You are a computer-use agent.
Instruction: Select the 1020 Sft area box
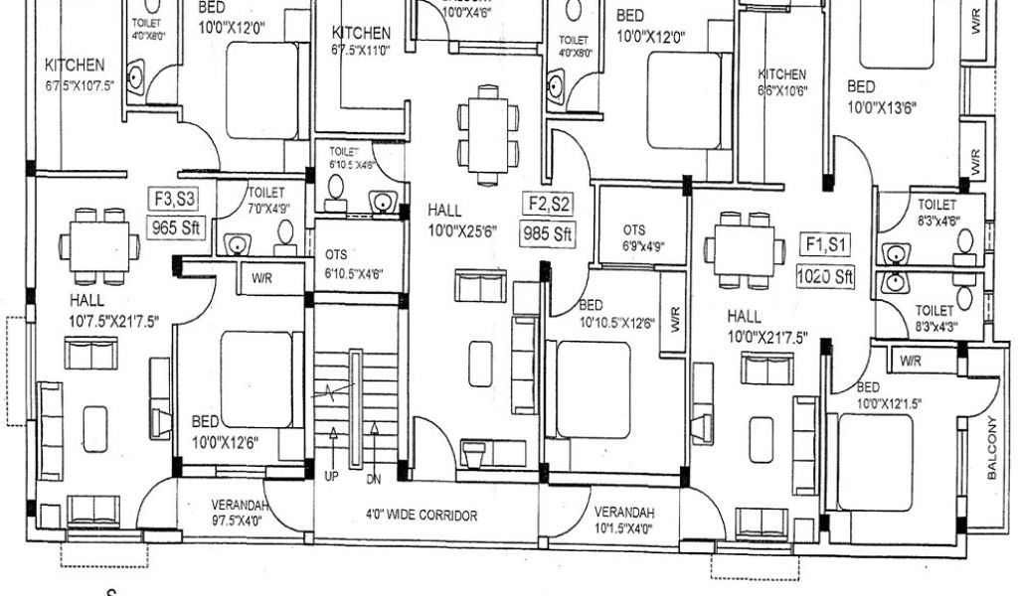click(x=825, y=275)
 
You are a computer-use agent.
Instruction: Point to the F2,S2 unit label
click(x=550, y=205)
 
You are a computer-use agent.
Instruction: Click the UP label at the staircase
click(x=331, y=476)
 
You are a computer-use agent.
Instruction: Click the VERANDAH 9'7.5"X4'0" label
click(x=239, y=513)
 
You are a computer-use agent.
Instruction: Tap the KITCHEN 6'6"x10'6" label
click(x=782, y=82)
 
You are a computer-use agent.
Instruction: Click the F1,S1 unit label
click(x=824, y=244)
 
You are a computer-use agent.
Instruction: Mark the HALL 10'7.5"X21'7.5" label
click(x=114, y=309)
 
